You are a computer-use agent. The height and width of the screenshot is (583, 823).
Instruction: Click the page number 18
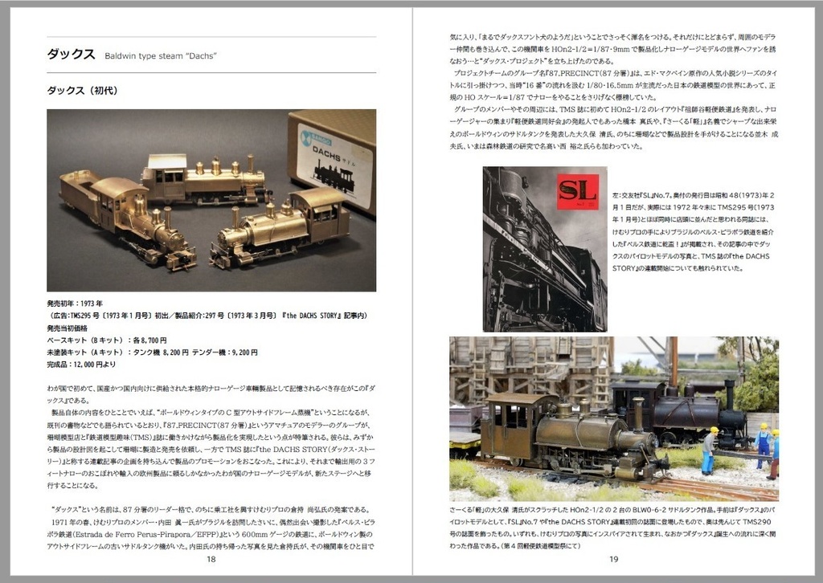pos(211,560)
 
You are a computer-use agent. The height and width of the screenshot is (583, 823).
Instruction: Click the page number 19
pos(613,560)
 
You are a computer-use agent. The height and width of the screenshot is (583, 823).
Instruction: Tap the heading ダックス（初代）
pos(83,91)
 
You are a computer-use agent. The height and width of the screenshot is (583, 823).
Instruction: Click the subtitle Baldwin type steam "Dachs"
pos(162,55)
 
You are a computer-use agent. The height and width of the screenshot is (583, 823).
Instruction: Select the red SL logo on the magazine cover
pos(577,192)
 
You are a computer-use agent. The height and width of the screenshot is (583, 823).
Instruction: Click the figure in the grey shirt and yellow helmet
pos(708,450)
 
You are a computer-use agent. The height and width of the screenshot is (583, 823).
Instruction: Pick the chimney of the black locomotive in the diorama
pos(728,394)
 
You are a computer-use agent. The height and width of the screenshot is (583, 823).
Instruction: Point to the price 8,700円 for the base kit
pos(149,340)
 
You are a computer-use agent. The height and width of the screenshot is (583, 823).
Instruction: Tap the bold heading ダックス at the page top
pos(72,54)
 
